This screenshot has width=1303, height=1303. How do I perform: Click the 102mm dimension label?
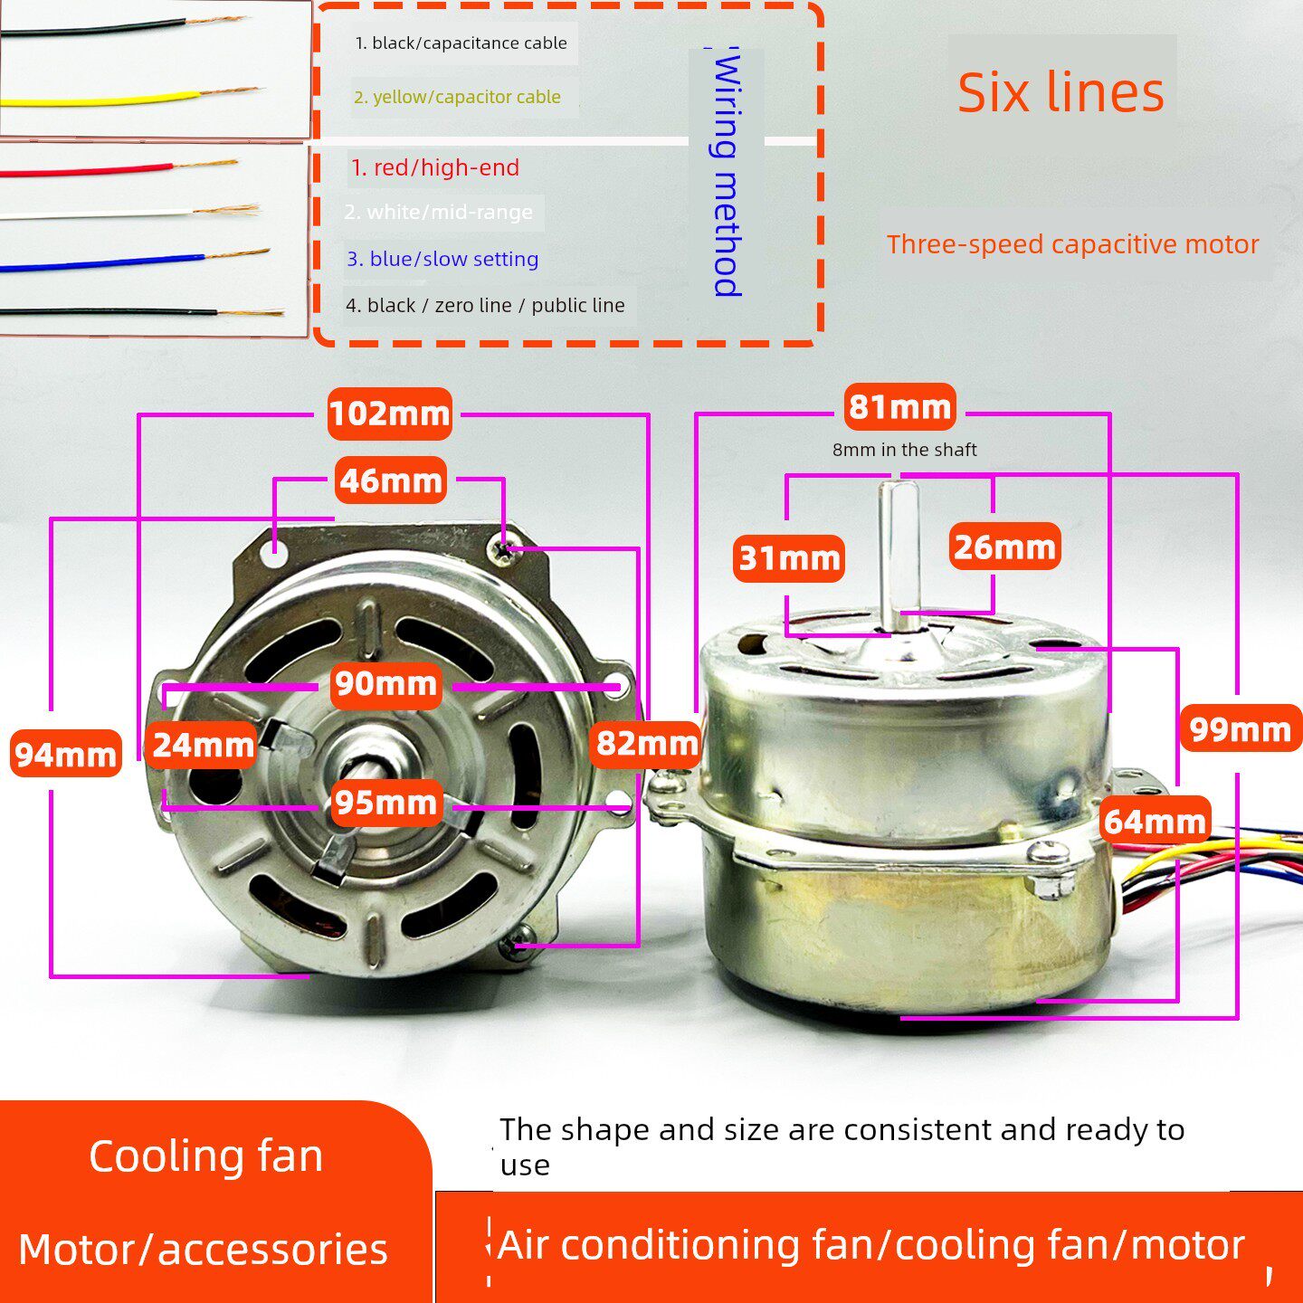click(390, 414)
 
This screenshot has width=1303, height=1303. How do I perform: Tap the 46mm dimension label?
click(391, 480)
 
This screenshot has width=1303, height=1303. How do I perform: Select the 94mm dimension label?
click(65, 753)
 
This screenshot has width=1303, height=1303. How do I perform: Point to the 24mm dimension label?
click(202, 745)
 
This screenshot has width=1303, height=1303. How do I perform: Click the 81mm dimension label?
click(900, 406)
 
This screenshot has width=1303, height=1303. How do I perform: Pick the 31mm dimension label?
click(789, 558)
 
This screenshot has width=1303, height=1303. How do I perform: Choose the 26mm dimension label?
click(1004, 546)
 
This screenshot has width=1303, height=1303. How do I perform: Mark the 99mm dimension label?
click(1241, 728)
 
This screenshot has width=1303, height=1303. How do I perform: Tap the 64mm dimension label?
click(1155, 820)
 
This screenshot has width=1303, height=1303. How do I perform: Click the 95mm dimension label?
click(386, 802)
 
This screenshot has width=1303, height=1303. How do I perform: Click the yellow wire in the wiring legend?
click(129, 98)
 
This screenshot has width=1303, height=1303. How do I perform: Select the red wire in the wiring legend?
click(119, 167)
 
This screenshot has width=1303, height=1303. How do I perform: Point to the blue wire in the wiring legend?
click(135, 261)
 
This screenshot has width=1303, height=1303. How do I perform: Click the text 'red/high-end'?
click(446, 167)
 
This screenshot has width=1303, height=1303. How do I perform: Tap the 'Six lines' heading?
click(1060, 92)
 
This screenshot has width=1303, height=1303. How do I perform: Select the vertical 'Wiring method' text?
click(727, 173)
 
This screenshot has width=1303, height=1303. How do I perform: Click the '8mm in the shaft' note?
click(904, 450)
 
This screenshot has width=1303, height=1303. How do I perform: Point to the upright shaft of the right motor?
click(902, 555)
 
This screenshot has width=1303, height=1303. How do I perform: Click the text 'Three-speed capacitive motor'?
click(1072, 244)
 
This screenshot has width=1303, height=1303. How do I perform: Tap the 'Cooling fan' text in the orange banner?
click(205, 1156)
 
